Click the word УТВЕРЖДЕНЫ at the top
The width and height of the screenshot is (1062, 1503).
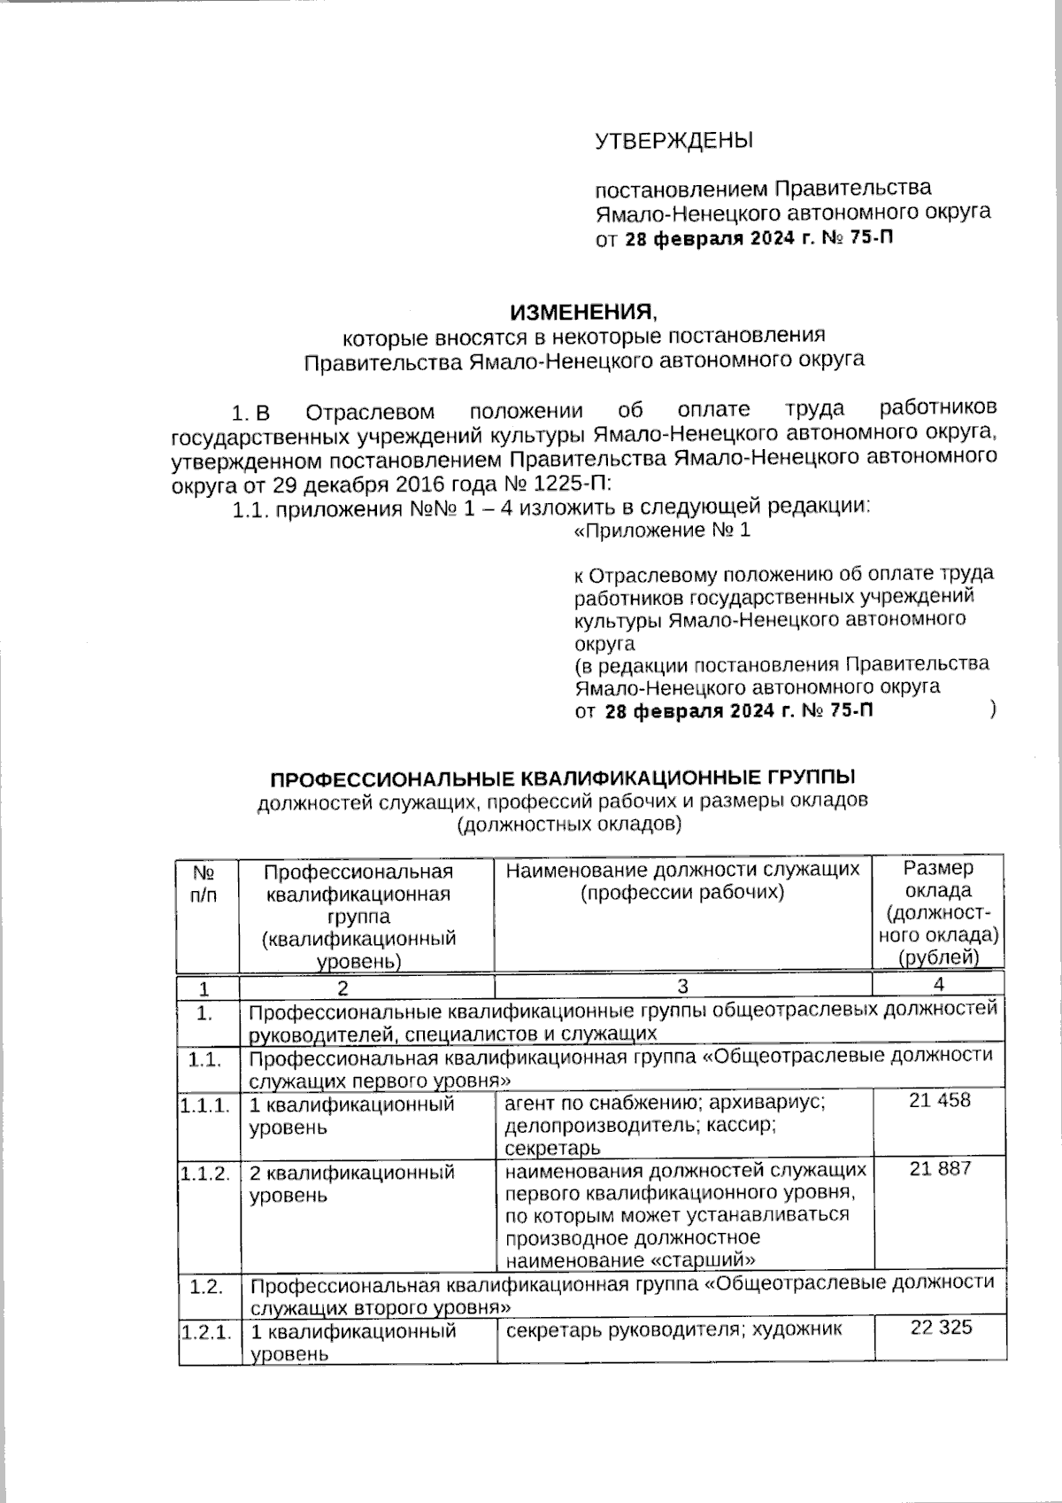673,141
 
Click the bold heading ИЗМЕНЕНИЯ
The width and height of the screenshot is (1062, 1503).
583,312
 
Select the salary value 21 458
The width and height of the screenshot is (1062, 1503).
939,1101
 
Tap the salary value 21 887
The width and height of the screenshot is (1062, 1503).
939,1168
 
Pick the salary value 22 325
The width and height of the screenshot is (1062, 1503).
939,1327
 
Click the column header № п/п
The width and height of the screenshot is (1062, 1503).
204,883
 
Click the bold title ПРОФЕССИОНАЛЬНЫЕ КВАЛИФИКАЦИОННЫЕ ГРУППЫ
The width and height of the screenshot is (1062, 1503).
563,779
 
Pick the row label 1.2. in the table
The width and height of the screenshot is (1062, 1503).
206,1286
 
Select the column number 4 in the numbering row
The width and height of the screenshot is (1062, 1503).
938,985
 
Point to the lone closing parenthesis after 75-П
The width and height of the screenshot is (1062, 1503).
996,709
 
